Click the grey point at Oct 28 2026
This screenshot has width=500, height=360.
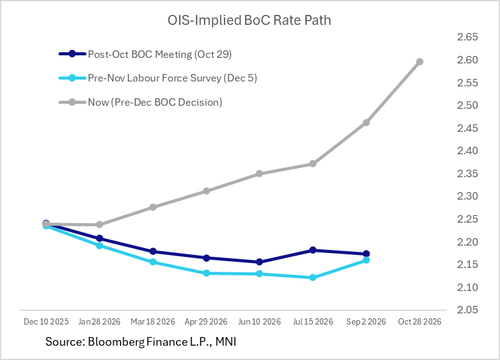[420, 62]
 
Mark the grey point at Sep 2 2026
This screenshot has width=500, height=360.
[366, 122]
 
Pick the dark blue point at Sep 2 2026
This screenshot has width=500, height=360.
[366, 254]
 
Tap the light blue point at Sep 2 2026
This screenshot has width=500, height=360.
[366, 260]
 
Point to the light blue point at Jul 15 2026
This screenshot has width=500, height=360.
[313, 277]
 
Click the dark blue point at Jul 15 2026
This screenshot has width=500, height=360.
[313, 250]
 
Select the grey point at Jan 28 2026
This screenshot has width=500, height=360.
[100, 224]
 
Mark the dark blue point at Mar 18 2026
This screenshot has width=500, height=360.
[153, 252]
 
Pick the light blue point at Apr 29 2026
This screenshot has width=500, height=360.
[206, 273]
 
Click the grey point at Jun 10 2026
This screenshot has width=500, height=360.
[259, 173]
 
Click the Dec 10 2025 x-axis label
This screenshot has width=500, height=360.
[46, 321]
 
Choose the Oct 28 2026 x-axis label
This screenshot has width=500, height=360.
[420, 321]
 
